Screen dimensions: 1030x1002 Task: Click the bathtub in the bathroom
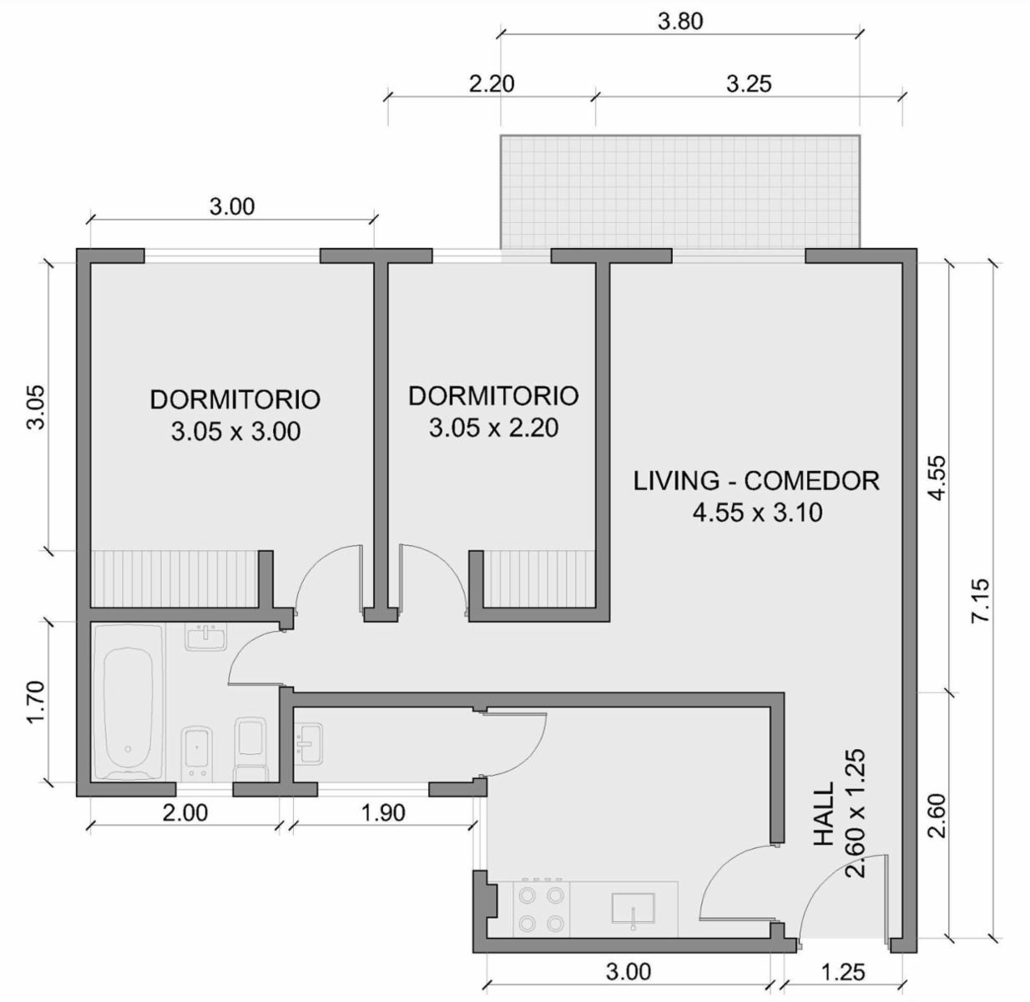129,702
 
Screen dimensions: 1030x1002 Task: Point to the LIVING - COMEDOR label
756,481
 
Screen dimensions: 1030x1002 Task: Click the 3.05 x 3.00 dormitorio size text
235,432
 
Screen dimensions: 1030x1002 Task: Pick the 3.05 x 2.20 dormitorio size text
493,428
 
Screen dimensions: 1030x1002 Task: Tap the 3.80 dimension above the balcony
680,22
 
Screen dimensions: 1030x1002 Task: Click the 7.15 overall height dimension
980,600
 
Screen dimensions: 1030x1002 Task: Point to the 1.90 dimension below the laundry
383,812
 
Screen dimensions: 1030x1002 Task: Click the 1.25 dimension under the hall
843,972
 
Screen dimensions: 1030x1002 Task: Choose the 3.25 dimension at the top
749,83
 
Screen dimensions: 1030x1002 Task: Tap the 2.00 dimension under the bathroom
184,812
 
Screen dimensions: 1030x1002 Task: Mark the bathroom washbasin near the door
206,636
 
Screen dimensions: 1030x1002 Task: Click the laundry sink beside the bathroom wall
308,743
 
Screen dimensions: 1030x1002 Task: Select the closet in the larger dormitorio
174,579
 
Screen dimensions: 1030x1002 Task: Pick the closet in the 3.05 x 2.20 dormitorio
540,579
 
